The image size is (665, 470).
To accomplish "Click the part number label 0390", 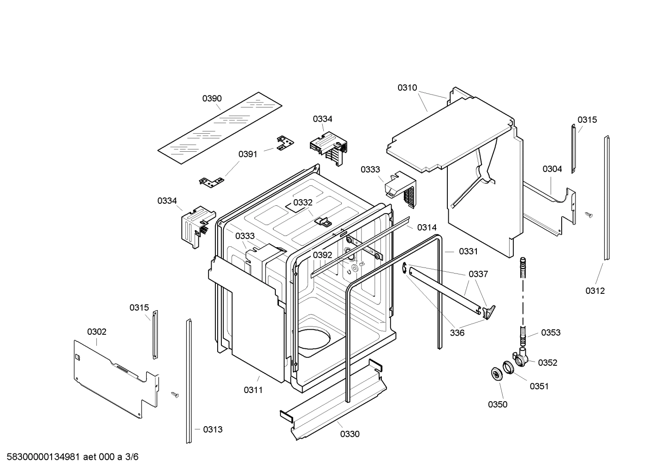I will (212, 98).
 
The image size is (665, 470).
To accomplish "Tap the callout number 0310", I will (407, 88).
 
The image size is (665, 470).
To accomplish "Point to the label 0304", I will (552, 169).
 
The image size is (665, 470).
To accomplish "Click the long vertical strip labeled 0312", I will (608, 198).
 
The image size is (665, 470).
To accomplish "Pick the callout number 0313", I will (213, 429).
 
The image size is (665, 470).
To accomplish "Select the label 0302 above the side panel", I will (97, 332).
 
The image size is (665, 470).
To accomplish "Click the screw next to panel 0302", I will (175, 394).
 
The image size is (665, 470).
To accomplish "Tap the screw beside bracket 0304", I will (588, 214).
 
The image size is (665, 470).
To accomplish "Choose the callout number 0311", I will (253, 390).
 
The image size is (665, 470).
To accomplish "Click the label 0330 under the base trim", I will (350, 434).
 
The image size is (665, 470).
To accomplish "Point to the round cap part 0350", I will (496, 374).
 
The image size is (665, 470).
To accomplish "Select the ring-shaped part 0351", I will (508, 368).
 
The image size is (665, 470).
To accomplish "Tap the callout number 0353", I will (551, 333).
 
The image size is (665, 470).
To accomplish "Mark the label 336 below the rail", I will (457, 333).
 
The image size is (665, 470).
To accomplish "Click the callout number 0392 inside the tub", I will (322, 255).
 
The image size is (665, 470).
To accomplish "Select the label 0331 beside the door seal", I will (468, 251).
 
